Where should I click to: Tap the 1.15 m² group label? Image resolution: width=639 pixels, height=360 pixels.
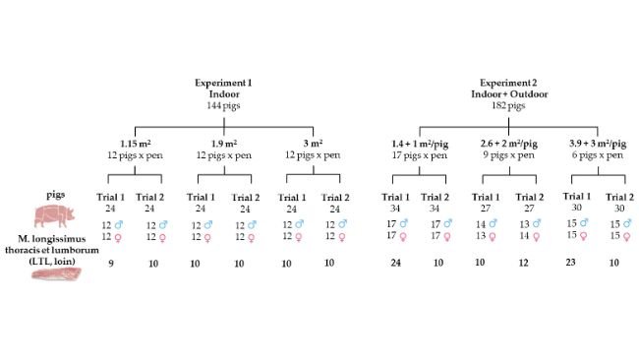[134, 145]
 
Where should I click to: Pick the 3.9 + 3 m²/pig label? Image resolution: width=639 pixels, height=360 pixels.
[600, 145]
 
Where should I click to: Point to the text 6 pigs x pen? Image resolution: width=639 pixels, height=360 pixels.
[600, 156]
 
